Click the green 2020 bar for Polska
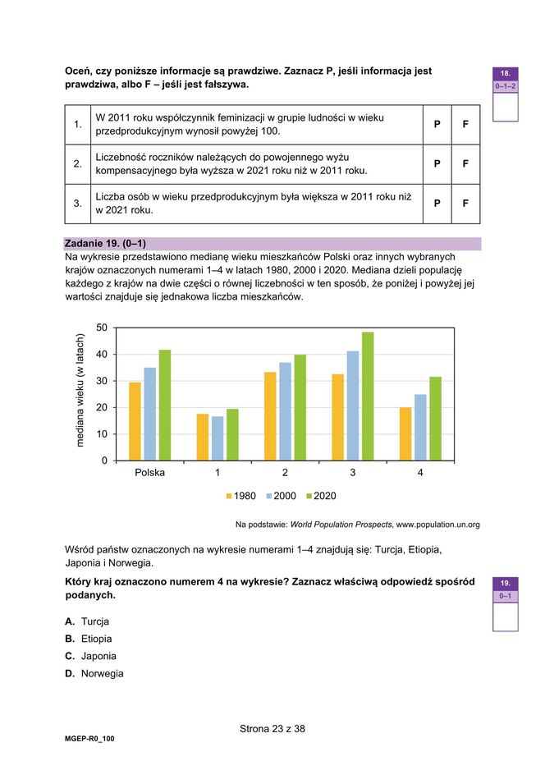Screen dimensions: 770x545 [x=165, y=405]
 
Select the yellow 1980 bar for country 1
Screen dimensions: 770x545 [x=202, y=437]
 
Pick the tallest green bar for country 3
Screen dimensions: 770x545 [x=368, y=396]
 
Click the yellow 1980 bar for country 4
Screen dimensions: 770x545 [x=405, y=433]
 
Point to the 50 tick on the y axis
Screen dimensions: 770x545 [x=102, y=328]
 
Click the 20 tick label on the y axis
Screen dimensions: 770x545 [x=102, y=408]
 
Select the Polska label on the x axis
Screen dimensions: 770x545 [x=149, y=473]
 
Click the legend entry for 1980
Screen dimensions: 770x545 [x=240, y=496]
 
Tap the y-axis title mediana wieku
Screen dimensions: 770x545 [x=80, y=391]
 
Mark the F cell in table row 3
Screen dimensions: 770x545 [x=465, y=204]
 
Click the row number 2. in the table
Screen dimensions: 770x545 [x=77, y=164]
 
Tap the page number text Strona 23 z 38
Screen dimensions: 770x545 [x=272, y=728]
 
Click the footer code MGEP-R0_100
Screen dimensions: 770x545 [x=89, y=739]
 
